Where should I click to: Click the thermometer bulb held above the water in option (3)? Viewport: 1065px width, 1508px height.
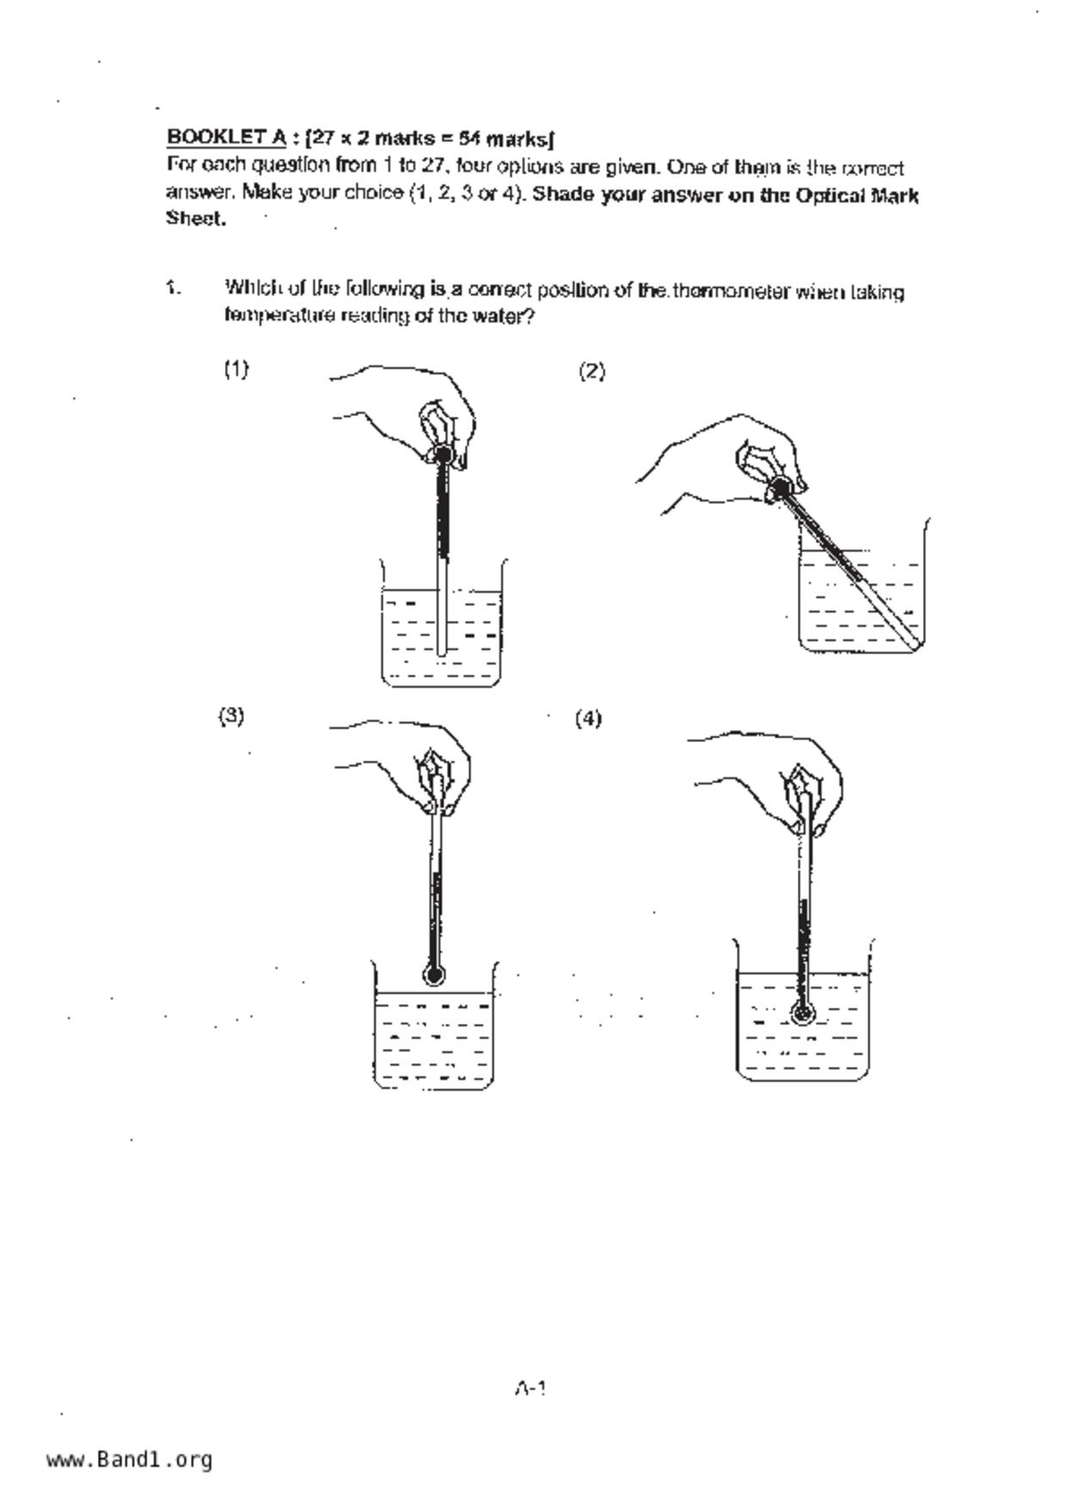click(435, 975)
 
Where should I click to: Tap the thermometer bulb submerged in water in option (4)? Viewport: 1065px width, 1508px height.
click(804, 1014)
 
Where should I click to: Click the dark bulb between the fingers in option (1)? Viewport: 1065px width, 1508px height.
click(444, 453)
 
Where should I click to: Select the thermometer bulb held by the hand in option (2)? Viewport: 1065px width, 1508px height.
click(780, 488)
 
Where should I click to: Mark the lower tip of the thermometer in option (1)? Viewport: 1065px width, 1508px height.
click(442, 653)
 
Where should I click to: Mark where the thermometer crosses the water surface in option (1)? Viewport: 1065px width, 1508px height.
click(442, 591)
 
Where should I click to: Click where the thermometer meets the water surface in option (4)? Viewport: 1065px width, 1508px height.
click(804, 975)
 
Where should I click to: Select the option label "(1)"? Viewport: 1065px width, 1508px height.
click(236, 369)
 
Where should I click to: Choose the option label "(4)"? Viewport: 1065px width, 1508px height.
click(588, 718)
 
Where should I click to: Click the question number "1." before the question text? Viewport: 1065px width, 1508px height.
click(173, 288)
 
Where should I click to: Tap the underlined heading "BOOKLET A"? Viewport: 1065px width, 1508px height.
click(226, 136)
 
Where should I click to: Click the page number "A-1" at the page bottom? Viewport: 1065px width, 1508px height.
click(530, 1388)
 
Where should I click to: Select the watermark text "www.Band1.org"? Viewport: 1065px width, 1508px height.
click(130, 1459)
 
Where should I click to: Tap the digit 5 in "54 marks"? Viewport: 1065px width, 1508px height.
click(463, 138)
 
